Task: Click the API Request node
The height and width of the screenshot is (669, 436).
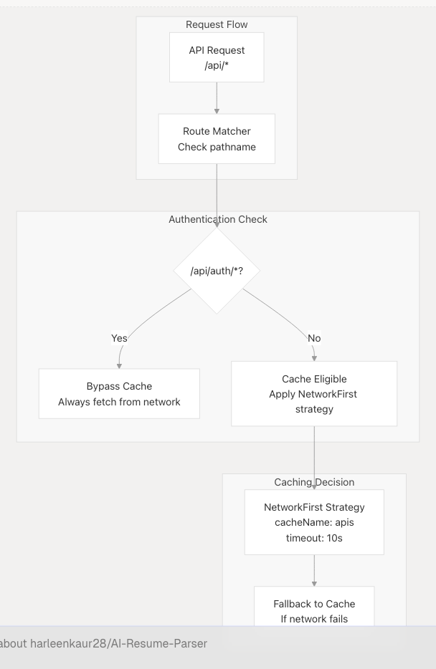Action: click(x=217, y=57)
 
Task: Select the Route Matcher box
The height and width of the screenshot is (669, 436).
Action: click(x=217, y=139)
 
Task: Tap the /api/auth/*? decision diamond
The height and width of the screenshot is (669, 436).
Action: click(x=217, y=271)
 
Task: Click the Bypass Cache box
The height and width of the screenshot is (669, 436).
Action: click(x=119, y=394)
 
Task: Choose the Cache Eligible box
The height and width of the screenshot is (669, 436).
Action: click(x=314, y=394)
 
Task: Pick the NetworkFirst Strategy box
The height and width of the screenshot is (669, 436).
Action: click(x=314, y=522)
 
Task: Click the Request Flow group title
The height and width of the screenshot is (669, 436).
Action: click(x=217, y=24)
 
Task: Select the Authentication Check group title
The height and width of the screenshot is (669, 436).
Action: click(x=218, y=219)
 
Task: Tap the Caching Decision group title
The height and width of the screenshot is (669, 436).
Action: click(x=314, y=482)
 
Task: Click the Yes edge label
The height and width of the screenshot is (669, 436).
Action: click(x=119, y=338)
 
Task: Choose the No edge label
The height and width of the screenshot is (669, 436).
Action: click(x=314, y=338)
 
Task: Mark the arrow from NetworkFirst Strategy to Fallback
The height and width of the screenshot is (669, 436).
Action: click(x=314, y=571)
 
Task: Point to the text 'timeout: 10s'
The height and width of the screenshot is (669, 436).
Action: click(x=314, y=538)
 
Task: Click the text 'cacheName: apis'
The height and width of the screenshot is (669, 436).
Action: click(x=314, y=522)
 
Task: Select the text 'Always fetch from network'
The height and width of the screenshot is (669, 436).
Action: click(x=119, y=402)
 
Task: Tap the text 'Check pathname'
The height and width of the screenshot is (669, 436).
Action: click(x=217, y=147)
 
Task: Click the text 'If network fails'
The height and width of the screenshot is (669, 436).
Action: click(x=314, y=619)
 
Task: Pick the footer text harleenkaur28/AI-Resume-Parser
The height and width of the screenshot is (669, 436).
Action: click(x=118, y=643)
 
